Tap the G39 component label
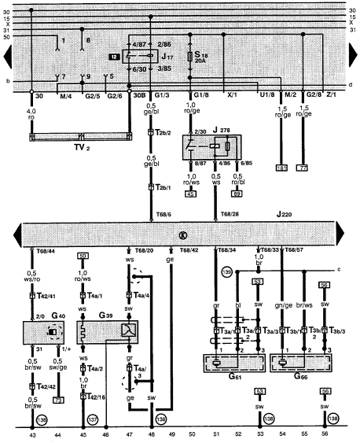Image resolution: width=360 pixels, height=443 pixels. coord(102,315)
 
